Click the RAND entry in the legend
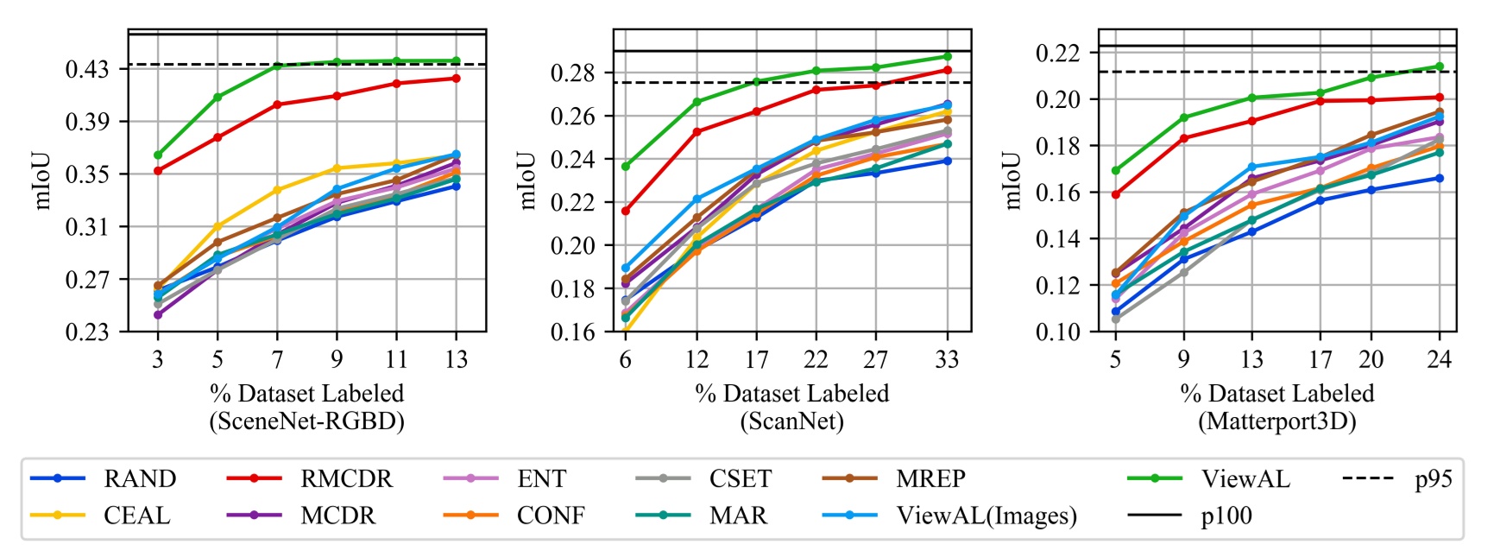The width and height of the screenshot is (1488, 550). pos(139,478)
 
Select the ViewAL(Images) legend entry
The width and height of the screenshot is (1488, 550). pos(987,515)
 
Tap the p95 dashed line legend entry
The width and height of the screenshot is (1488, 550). pos(1433,478)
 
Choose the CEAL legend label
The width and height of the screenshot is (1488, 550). pos(136,515)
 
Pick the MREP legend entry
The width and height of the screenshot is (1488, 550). pos(930,478)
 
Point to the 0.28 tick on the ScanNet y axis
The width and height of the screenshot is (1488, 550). pos(574,73)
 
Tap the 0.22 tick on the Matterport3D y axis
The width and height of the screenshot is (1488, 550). pos(1057,53)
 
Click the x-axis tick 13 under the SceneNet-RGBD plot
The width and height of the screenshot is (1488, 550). pos(456,358)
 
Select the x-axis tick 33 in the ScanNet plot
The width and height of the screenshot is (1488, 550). pos(947,358)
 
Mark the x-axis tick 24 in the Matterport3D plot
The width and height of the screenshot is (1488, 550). pos(1439,358)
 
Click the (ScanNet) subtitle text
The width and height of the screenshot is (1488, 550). pos(791,421)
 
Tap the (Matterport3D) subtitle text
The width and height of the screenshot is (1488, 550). pos(1277,421)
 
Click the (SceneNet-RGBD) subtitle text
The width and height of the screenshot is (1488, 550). pos(306,421)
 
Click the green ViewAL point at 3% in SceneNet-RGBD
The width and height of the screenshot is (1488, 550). pos(158,155)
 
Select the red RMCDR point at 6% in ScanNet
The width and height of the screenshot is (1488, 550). pos(626,211)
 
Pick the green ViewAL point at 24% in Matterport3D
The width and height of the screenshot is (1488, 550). pos(1439,66)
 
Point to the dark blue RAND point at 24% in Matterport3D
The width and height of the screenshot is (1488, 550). pos(1439,178)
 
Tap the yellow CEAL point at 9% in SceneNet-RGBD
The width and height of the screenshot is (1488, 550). pos(337,168)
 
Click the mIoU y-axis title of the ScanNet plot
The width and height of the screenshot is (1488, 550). pos(528,180)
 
